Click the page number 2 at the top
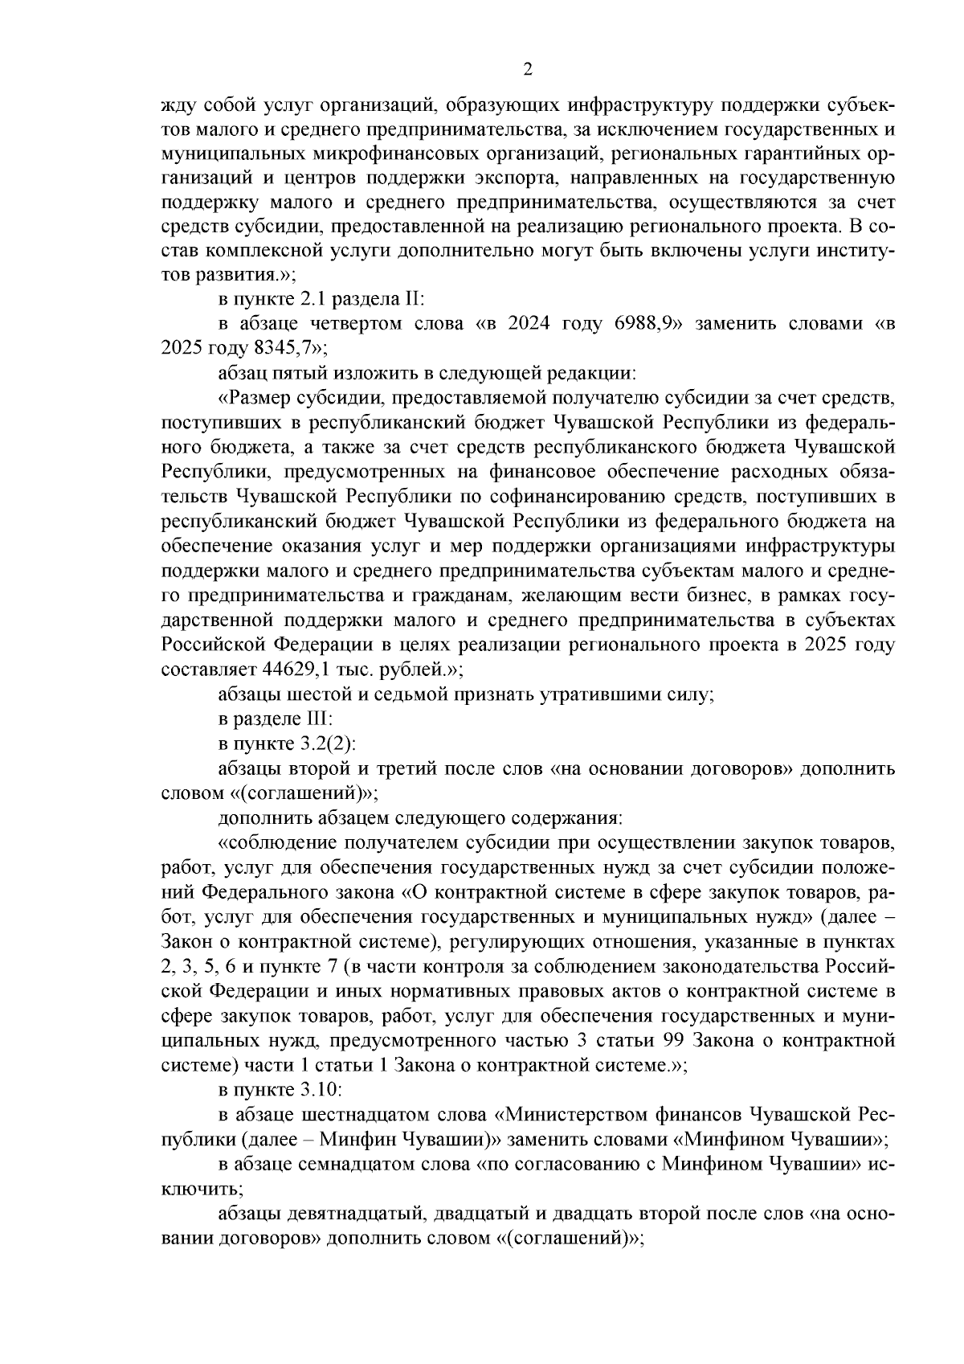point(528,70)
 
